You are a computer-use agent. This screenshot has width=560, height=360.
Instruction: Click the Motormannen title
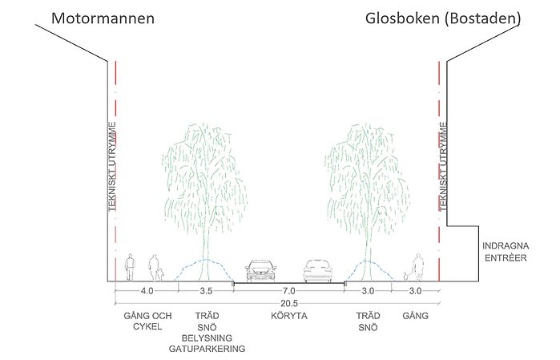point(103,18)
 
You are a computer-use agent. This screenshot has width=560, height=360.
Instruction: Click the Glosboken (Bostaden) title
point(443,18)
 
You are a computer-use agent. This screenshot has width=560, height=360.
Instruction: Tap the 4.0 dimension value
point(147,291)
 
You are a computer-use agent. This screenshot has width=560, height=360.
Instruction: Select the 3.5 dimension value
point(206,291)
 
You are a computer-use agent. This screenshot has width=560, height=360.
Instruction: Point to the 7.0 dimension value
point(289,291)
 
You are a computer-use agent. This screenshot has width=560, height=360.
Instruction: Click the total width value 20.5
point(289,304)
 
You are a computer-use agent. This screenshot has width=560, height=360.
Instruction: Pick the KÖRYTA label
point(289,316)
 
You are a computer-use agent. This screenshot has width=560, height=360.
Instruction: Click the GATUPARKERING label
point(207,349)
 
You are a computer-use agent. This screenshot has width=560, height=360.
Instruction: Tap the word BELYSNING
point(207,338)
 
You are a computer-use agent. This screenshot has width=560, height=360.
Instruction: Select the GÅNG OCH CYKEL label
point(147,321)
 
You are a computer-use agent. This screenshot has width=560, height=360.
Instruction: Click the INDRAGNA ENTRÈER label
point(506,252)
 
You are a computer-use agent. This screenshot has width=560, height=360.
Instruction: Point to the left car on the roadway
point(260,270)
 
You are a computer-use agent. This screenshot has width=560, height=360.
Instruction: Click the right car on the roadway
point(317,271)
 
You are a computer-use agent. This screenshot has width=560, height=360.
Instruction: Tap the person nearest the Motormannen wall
point(130,267)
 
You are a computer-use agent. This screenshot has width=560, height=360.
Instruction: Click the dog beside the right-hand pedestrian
point(407,276)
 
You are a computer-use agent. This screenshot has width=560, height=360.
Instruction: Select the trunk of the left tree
point(205,250)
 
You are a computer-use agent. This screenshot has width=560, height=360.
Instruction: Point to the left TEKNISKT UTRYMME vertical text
point(112,167)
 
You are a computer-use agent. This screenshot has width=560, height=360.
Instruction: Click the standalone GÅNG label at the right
point(415,316)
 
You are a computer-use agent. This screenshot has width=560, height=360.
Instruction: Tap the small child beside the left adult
point(161,274)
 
